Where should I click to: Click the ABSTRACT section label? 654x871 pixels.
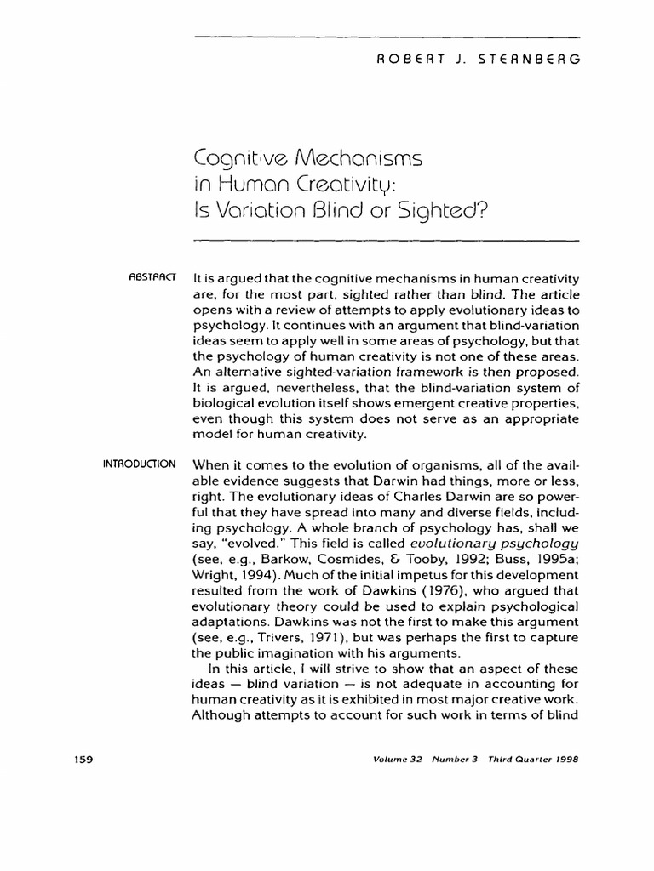click(152, 276)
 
